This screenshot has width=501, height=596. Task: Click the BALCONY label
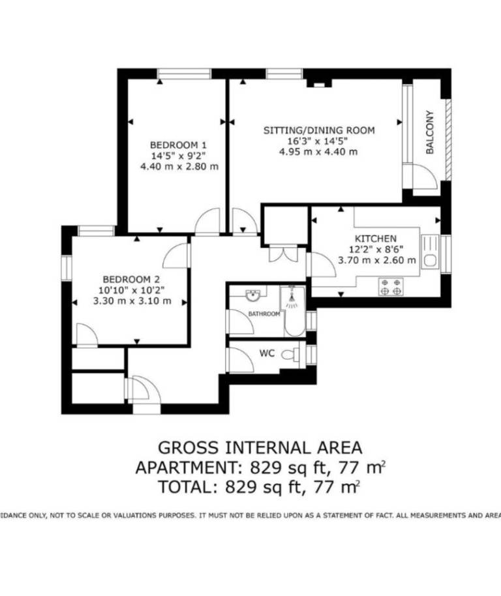pos(430,132)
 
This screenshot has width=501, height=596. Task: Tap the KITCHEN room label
pos(376,239)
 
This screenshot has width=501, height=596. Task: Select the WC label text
pos(267,353)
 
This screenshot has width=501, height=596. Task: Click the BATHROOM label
pos(264,314)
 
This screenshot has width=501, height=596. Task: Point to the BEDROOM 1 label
pos(178,145)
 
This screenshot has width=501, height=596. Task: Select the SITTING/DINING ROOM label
pos(319,130)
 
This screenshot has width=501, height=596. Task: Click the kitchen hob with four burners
pos(391,287)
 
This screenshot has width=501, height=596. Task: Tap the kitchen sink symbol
pos(431,251)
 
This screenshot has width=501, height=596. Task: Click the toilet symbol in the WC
pos(291,355)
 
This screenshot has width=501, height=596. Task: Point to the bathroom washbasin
pos(252,295)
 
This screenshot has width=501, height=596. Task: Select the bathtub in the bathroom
pos(293,311)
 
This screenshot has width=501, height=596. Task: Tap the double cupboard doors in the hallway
pos(283,254)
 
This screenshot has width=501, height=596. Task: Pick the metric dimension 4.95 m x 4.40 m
pos(318,152)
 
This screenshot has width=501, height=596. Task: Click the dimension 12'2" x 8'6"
pos(376,250)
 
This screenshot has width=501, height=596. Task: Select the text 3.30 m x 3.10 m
pos(132,301)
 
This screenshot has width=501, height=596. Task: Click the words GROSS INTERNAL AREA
pos(260,447)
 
